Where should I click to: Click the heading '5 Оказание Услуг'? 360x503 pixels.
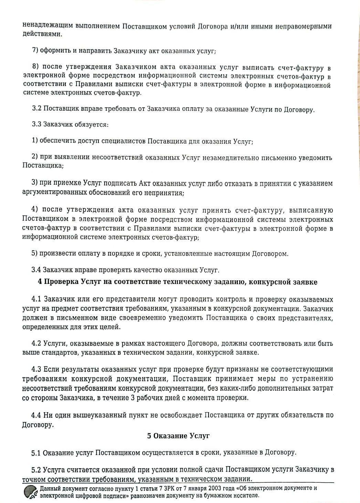pyautogui.click(x=178, y=436)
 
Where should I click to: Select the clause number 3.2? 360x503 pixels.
pyautogui.click(x=37, y=109)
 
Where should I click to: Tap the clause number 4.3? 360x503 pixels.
pyautogui.click(x=36, y=369)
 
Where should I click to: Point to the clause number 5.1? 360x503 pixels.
pyautogui.click(x=36, y=452)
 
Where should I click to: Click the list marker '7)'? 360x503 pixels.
pyautogui.click(x=35, y=50)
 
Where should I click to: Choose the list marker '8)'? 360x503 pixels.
pyautogui.click(x=36, y=67)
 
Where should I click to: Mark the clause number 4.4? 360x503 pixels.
pyautogui.click(x=36, y=415)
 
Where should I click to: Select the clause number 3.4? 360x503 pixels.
pyautogui.click(x=36, y=270)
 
